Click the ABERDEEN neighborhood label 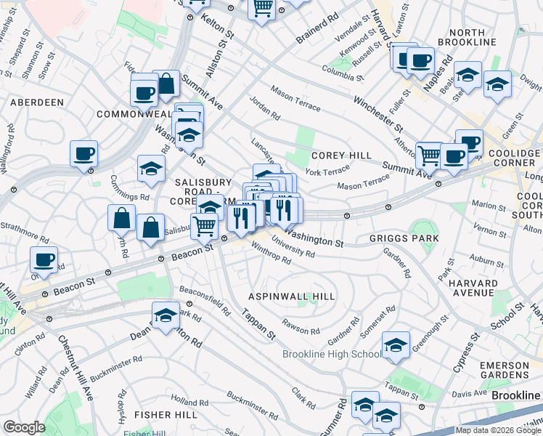click(37, 102)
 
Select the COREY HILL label click(341, 156)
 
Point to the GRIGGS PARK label click(404, 238)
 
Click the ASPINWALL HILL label click(292, 296)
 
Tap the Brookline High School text click(331, 354)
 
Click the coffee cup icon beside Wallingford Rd click(84, 153)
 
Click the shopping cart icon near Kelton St click(262, 8)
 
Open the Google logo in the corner click(24, 427)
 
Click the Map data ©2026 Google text click(497, 430)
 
